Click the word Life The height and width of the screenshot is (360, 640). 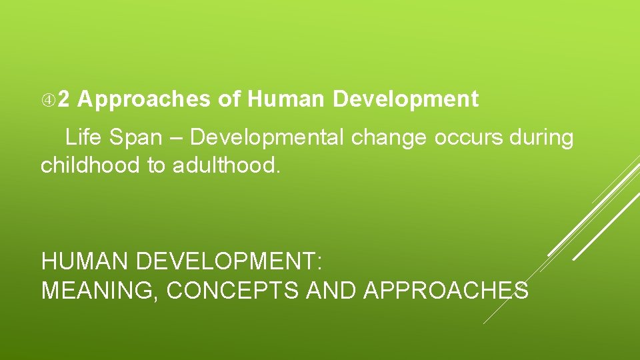[80, 138]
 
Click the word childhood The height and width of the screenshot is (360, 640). [90, 165]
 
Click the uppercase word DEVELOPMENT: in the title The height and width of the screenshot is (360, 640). [229, 261]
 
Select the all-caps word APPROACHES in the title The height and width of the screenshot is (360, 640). [446, 291]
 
